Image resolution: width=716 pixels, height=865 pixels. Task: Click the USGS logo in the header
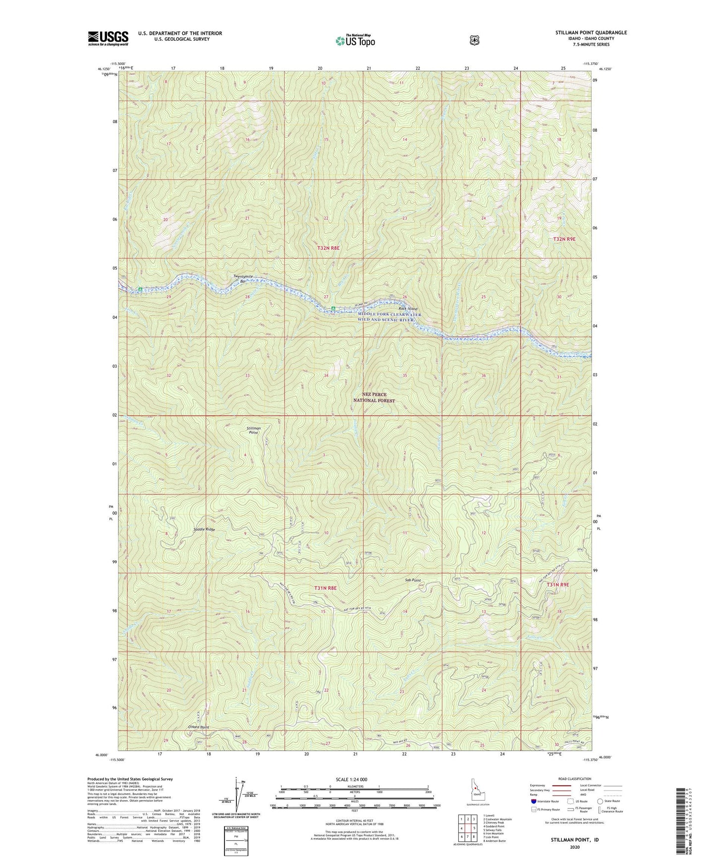108,38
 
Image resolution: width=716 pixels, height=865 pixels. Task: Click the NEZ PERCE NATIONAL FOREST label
374,397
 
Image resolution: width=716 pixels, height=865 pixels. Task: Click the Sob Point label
412,580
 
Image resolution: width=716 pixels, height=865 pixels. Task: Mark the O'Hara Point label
199,727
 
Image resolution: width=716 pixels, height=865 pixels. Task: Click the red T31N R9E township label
558,585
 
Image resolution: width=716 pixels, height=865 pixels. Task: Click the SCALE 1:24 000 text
351,779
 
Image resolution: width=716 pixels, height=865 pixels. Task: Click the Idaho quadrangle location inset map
474,791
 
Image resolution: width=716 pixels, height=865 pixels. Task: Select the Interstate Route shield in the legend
533,801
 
